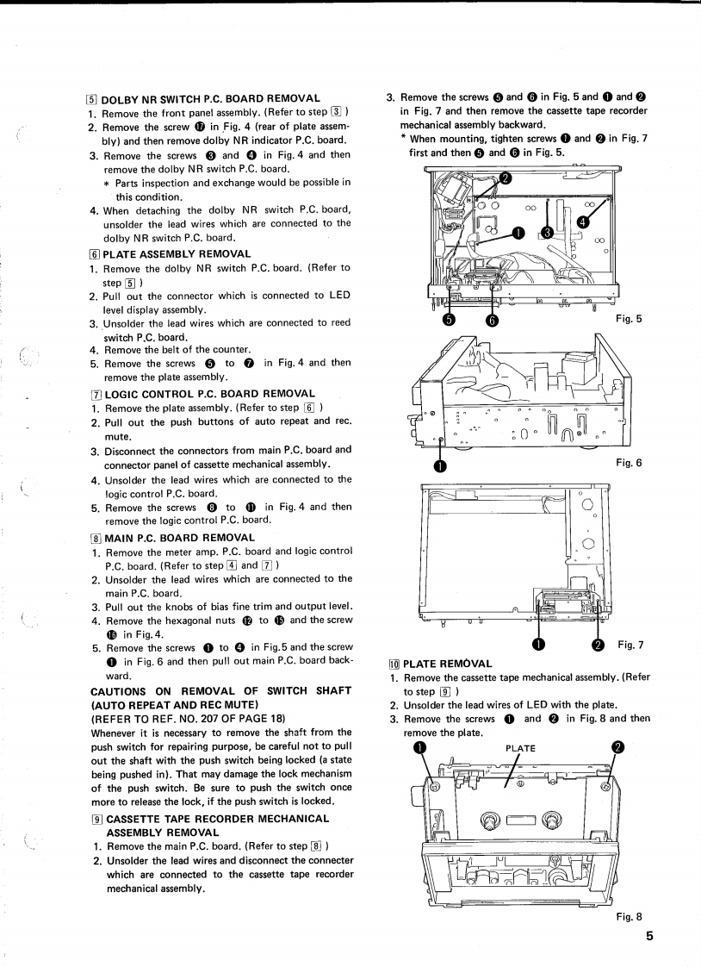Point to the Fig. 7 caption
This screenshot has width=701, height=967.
pos(630,645)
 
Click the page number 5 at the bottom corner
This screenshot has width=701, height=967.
pos(648,939)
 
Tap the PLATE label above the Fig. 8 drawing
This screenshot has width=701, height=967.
pos(521,748)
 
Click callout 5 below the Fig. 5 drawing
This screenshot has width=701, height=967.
pos(448,321)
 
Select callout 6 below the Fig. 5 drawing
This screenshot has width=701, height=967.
pos(493,321)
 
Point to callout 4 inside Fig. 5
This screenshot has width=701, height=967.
pos(583,221)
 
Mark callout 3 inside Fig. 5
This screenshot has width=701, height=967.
pos(546,232)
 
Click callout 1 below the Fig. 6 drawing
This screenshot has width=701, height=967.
pos(441,466)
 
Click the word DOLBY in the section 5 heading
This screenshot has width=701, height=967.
pos(123,98)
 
